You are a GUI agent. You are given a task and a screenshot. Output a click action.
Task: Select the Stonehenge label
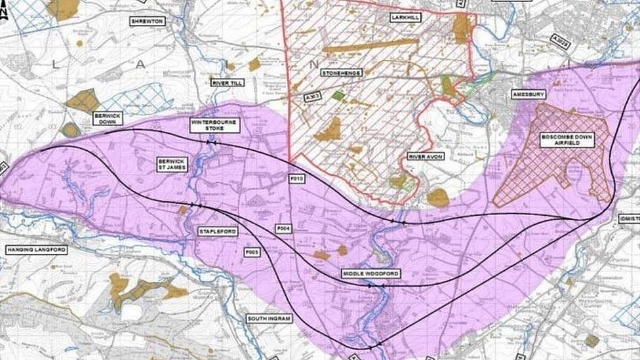(x=342, y=73)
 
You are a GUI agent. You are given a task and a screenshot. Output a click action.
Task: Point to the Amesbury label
(x=528, y=94)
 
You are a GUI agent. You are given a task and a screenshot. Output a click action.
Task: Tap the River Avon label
(x=426, y=156)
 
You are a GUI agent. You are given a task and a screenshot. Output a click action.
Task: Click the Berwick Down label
(x=108, y=118)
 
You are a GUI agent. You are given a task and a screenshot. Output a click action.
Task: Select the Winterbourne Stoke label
(x=215, y=125)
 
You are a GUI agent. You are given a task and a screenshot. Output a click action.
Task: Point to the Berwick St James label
(x=172, y=164)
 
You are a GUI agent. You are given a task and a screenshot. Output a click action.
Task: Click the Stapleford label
(x=218, y=231)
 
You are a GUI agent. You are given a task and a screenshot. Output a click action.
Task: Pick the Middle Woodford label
(x=370, y=273)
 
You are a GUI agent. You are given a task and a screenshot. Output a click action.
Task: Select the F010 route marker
(x=297, y=178)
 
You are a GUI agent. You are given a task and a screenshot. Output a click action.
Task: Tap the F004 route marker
(x=283, y=228)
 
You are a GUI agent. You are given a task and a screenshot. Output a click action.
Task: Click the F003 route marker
(x=252, y=251)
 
